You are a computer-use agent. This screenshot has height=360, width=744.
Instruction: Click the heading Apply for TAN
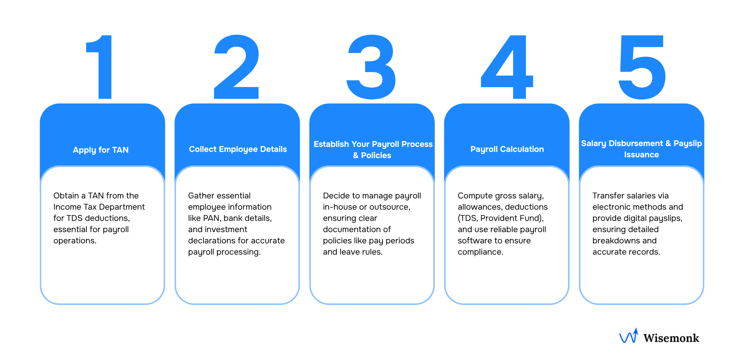pos(101,150)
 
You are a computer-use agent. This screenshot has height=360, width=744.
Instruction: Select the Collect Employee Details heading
pos(238,149)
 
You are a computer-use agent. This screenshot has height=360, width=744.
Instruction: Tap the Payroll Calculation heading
pos(507,149)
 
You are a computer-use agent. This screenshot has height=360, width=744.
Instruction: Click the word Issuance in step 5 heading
pos(641,155)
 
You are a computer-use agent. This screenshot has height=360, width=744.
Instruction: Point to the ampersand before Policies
pos(356,155)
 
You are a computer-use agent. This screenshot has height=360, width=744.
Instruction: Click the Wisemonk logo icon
pos(629,336)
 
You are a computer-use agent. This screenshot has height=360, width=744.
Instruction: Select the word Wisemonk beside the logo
pos(671,338)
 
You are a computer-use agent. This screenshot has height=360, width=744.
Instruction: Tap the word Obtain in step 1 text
pos(66,196)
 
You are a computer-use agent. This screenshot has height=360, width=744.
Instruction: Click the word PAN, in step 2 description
pos(212,218)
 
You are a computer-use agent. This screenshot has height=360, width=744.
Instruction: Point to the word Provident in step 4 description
pos(498,218)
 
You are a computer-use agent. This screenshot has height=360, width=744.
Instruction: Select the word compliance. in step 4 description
pos(480,252)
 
